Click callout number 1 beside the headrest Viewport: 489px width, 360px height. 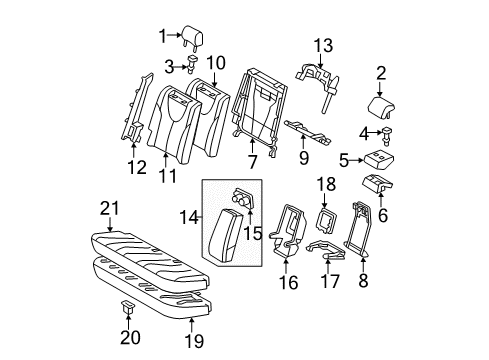[x=162, y=39]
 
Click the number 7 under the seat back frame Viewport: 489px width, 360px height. [x=251, y=161]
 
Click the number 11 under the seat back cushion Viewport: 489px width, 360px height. [x=168, y=176]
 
